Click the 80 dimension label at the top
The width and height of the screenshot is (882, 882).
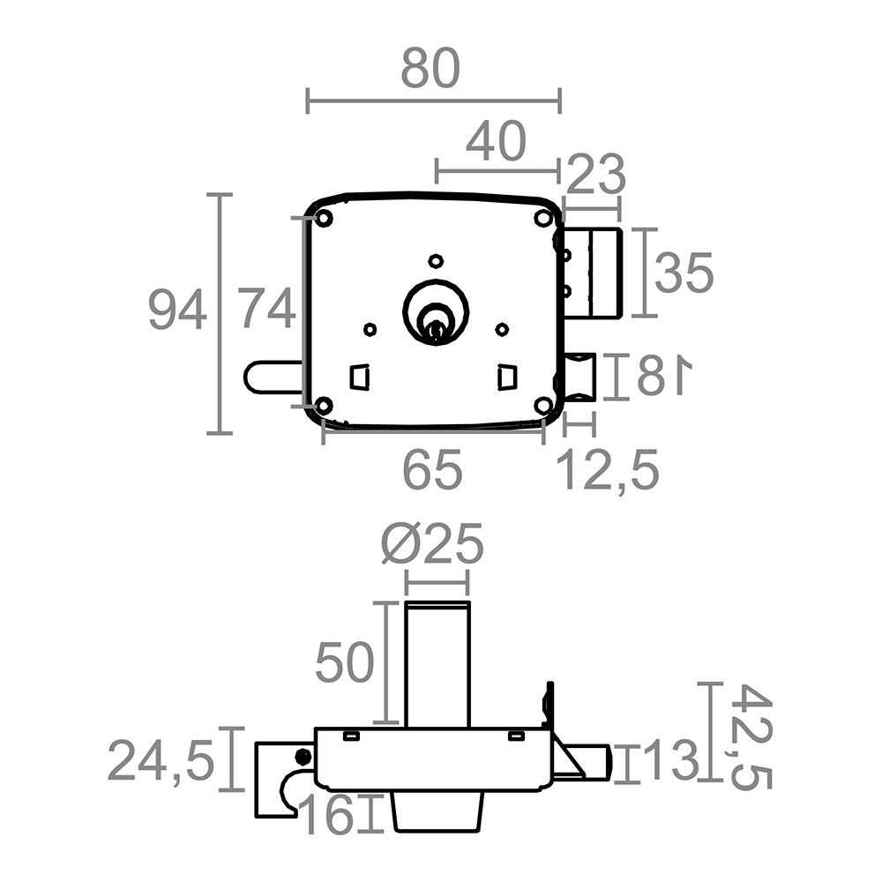point(430,69)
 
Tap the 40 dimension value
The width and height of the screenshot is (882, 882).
point(496,140)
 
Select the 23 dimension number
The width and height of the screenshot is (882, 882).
point(595,174)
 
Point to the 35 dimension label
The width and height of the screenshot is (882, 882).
point(684,273)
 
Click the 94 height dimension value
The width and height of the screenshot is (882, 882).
point(177,310)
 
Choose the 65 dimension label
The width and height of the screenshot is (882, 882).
point(432,468)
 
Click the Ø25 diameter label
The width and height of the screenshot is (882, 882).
point(432,543)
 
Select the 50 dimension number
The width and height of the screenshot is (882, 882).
point(344,662)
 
